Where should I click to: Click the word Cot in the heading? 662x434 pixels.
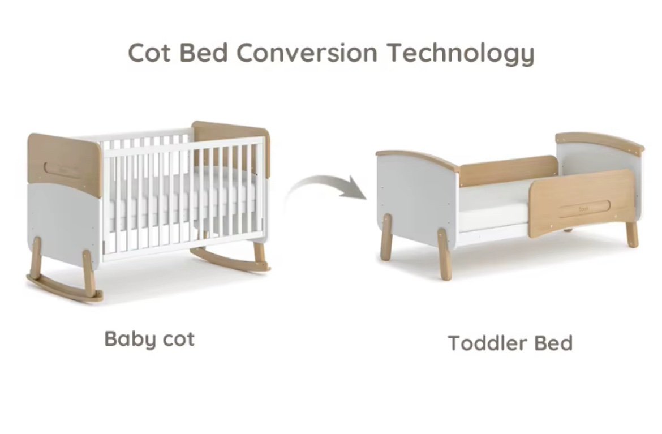click(149, 53)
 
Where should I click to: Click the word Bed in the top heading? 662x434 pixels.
click(204, 53)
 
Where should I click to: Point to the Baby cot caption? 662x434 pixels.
click(149, 340)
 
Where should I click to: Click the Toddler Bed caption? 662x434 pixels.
click(510, 343)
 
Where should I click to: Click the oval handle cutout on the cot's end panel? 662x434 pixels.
click(63, 170)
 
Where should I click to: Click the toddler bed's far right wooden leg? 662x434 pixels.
click(631, 234)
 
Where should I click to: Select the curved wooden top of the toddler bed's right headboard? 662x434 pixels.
click(600, 141)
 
